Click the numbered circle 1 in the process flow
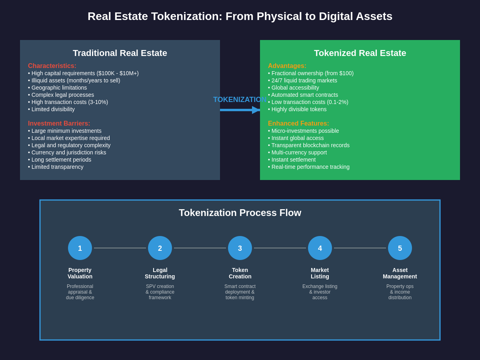pos(80,248)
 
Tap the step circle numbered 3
pos(240,248)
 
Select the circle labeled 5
pos(400,248)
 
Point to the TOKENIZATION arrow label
pos(240,100)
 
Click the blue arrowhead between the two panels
pos(256,110)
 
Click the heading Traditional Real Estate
pos(120,53)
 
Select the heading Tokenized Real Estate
pos(360,53)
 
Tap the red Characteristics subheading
pos(52,66)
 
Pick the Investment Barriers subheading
pos(59,124)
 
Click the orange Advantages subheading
pos(287,66)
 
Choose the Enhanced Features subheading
pos(298,124)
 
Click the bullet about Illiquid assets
pos(74,80)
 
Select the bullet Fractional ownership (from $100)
pos(311,73)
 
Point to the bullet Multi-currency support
pos(297,152)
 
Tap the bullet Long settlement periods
pos(60,160)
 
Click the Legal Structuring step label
pos(160,273)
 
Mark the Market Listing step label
pos(320,273)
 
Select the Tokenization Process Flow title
pos(240,213)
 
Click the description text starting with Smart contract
pos(240,292)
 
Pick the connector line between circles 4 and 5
pos(360,248)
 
